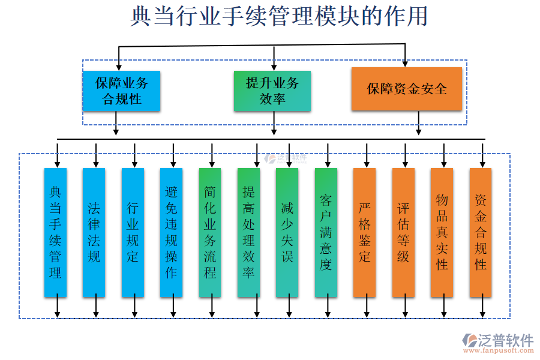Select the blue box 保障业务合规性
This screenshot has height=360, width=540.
tap(122, 91)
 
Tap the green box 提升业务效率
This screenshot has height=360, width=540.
tap(272, 91)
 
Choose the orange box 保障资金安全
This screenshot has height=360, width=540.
tap(407, 89)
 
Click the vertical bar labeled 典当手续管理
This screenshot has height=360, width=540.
tap(56, 232)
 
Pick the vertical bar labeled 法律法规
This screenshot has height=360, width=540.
tap(94, 232)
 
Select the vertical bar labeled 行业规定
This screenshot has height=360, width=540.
tap(133, 232)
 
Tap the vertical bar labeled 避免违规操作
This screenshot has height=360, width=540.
tap(172, 232)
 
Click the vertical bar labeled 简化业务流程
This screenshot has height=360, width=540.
tap(211, 232)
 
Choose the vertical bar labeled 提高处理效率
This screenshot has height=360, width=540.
tap(249, 232)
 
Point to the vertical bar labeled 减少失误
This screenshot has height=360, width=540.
tap(287, 232)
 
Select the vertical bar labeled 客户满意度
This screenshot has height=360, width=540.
tap(326, 232)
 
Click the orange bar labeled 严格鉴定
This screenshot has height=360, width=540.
tap(365, 232)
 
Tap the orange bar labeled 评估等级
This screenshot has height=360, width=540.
tap(403, 232)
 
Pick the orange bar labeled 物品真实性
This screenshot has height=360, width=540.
tap(442, 232)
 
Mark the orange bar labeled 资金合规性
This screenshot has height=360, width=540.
tap(481, 232)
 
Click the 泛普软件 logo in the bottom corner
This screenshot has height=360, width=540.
tap(498, 340)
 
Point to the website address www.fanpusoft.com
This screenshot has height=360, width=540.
tap(497, 352)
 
